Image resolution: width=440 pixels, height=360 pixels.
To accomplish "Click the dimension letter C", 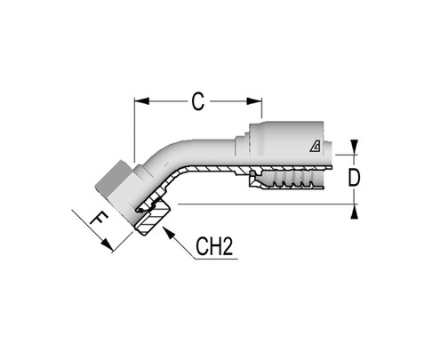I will point(197,101).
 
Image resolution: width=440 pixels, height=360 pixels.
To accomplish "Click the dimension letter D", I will point(354,178).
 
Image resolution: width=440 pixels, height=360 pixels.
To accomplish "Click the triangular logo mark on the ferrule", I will point(316,148).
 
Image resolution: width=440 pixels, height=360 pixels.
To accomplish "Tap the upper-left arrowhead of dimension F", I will point(75,212).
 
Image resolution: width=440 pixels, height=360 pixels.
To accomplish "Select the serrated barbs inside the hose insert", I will point(289,182).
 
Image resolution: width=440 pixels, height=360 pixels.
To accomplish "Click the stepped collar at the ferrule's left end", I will point(242,142).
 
